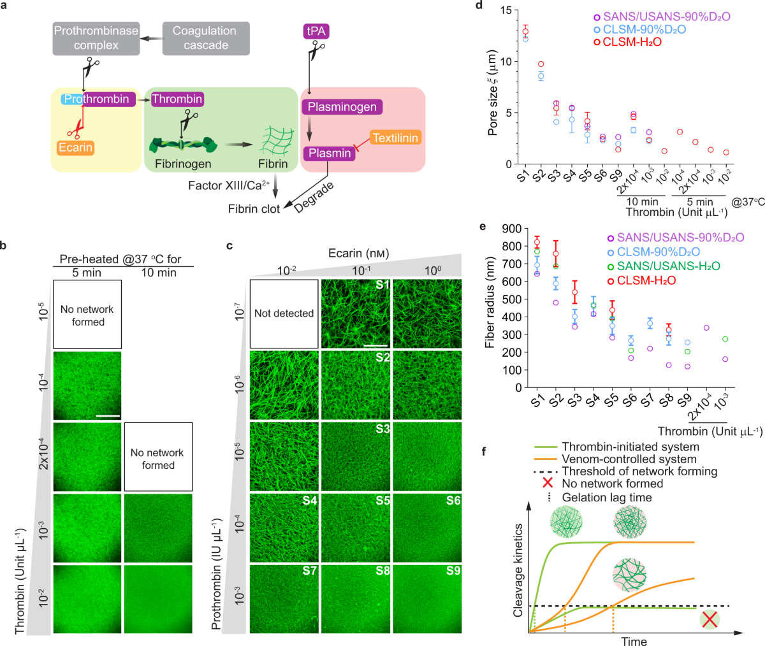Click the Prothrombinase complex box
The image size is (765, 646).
pyautogui.click(x=96, y=38)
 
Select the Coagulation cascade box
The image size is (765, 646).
pyautogui.click(x=205, y=38)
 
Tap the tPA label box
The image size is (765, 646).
pyautogui.click(x=316, y=31)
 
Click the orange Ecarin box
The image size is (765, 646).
pyautogui.click(x=75, y=148)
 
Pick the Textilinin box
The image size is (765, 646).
pyautogui.click(x=397, y=138)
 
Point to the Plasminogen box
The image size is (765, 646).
pyautogui.click(x=342, y=107)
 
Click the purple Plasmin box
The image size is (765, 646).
pyautogui.click(x=329, y=154)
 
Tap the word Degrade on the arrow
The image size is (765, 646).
pyautogui.click(x=314, y=197)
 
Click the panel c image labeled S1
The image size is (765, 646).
pyautogui.click(x=355, y=313)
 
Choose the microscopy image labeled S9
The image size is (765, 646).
pyautogui.click(x=426, y=599)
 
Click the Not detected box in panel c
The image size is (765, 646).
pyautogui.click(x=284, y=313)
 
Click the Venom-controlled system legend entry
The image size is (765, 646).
pyautogui.click(x=629, y=459)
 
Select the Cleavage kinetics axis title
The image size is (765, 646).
pyautogui.click(x=518, y=570)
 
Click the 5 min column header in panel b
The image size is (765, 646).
pyautogui.click(x=87, y=273)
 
